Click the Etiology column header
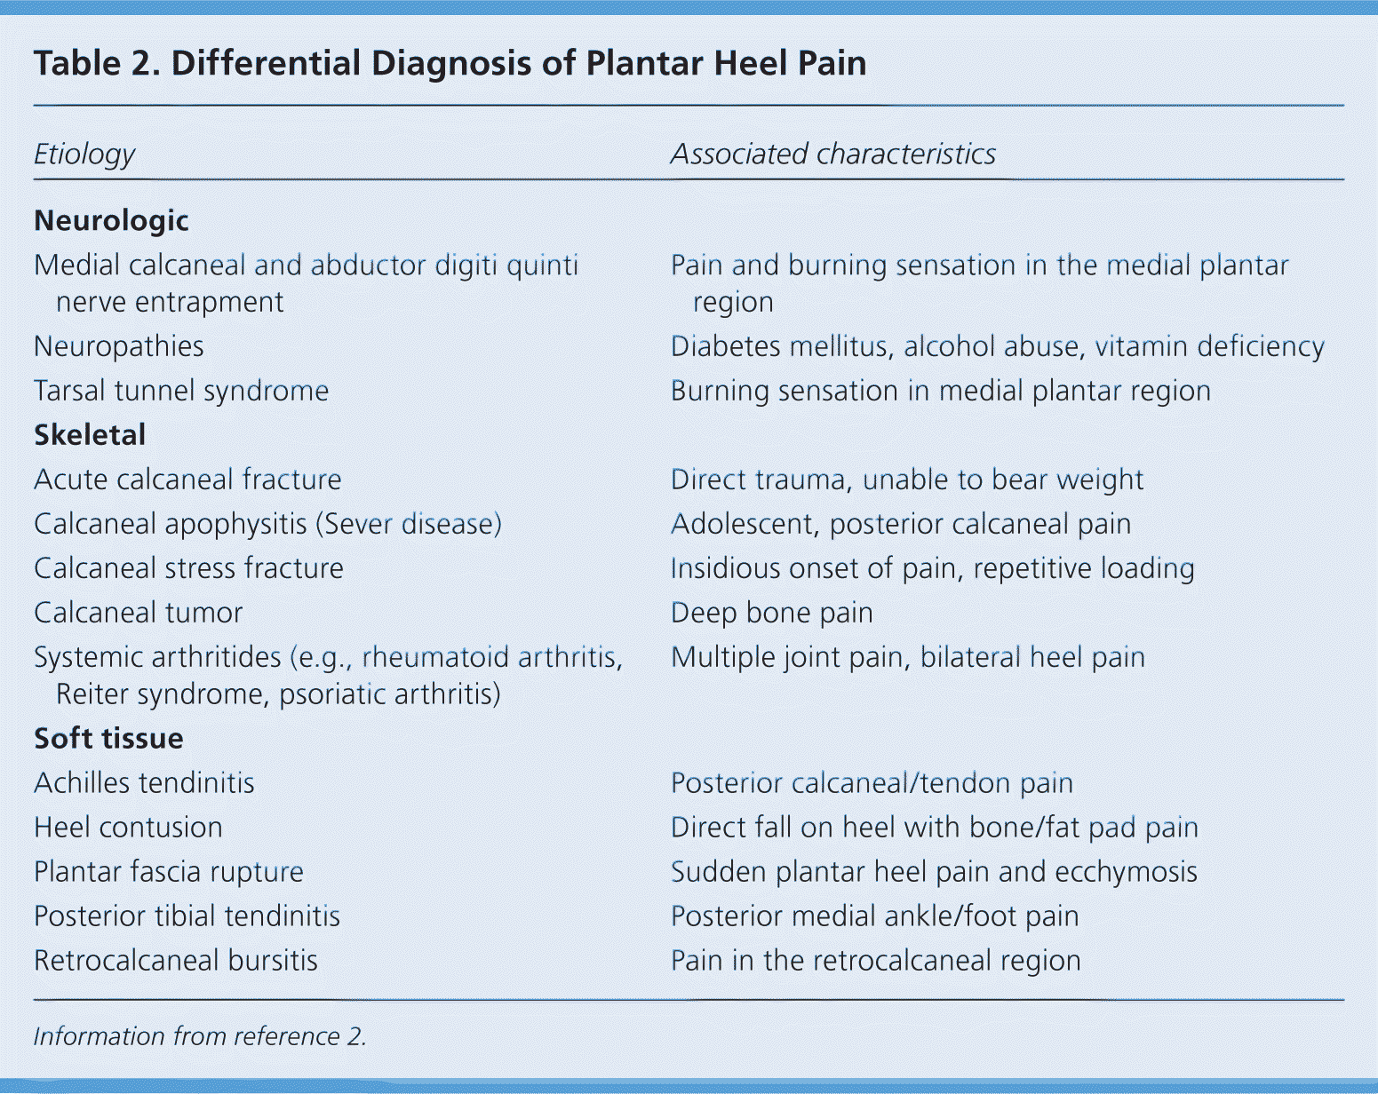pos(84,155)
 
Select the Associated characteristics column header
pos(832,155)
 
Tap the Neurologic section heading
pos(111,220)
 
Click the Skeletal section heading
pos(90,435)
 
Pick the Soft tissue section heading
pos(108,739)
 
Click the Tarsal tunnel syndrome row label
pos(181,391)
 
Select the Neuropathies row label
pos(119,346)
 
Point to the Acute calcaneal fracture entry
pos(187,480)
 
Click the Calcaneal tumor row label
pos(139,613)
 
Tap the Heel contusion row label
pos(128,828)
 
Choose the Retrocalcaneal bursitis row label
pos(176,961)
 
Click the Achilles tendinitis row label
pos(144,783)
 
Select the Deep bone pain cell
pos(771,613)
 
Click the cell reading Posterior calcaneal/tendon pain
pos(872,783)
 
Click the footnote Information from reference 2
pos(200,1036)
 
